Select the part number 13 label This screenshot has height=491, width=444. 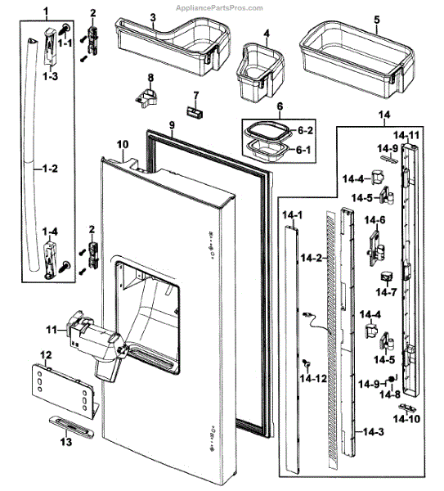[x=65, y=442]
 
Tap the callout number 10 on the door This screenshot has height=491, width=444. [x=123, y=144]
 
